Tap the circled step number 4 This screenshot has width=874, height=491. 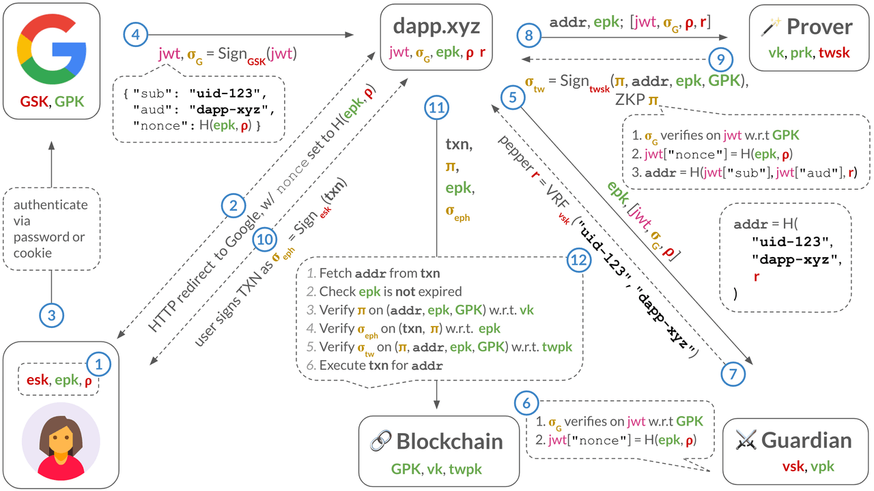pyautogui.click(x=135, y=34)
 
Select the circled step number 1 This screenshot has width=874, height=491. pyautogui.click(x=98, y=365)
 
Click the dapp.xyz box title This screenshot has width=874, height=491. pyautogui.click(x=436, y=27)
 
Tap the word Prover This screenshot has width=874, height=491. pyautogui.click(x=819, y=27)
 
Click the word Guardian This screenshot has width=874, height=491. pyautogui.click(x=806, y=440)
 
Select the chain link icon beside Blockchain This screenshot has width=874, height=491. pyautogui.click(x=379, y=441)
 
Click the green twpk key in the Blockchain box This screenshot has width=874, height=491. pyautogui.click(x=466, y=468)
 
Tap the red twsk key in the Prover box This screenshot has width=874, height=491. pyautogui.click(x=834, y=53)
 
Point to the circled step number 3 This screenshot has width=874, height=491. pyautogui.click(x=51, y=315)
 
